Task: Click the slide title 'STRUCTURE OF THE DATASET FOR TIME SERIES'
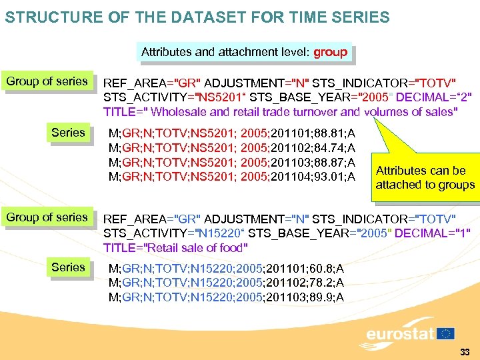[x=197, y=17]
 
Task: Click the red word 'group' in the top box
[x=330, y=52]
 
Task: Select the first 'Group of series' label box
[x=47, y=81]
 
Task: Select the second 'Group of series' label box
[x=47, y=217]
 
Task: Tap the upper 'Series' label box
[x=68, y=133]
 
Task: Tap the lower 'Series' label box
[x=68, y=267]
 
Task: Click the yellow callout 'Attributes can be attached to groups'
[x=425, y=177]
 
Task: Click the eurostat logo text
[x=400, y=333]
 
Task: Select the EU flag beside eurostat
[x=445, y=333]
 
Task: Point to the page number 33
[x=465, y=351]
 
